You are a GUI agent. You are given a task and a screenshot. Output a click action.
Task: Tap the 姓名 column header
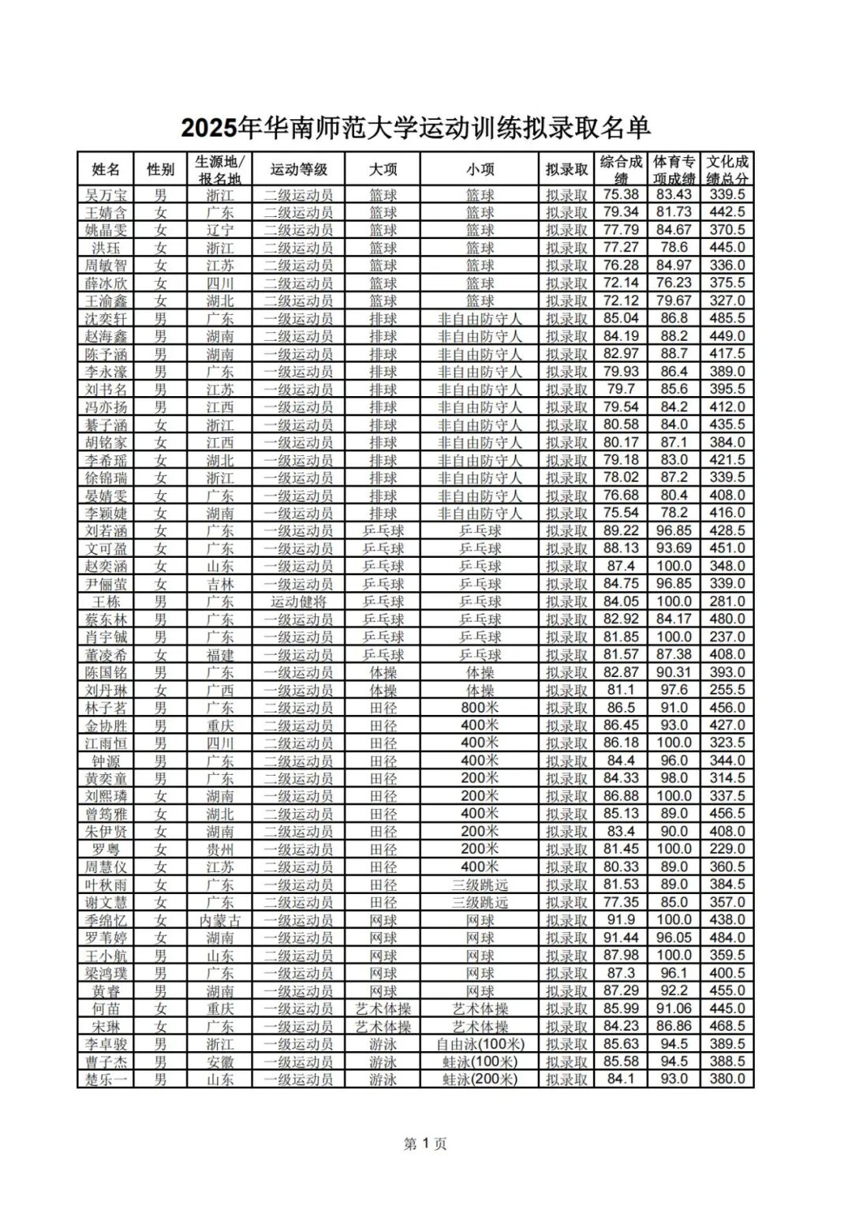[x=106, y=169]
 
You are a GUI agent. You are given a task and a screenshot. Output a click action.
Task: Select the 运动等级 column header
[x=298, y=169]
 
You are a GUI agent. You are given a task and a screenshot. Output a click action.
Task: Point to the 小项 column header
[x=480, y=169]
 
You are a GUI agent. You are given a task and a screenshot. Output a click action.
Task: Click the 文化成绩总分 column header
[x=727, y=169]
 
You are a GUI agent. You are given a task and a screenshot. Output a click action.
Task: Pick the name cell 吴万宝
[x=106, y=195]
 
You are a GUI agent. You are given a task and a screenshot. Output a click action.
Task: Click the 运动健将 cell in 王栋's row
[x=298, y=601]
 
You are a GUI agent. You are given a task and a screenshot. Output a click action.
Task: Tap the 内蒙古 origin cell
[x=220, y=920]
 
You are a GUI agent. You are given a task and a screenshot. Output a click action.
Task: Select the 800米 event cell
[x=480, y=708]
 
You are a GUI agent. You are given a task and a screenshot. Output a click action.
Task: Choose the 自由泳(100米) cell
[x=480, y=1044]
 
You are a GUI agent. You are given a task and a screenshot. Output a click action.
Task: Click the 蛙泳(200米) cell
[x=480, y=1080]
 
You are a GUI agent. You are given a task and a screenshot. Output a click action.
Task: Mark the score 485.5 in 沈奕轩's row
[x=727, y=319]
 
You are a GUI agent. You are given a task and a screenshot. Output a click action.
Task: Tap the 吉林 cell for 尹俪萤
[x=220, y=584]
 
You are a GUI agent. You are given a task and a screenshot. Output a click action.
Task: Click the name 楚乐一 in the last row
[x=106, y=1080]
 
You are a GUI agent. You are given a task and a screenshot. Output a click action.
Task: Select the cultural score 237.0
[x=727, y=637]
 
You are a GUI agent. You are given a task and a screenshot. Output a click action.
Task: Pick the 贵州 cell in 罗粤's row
[x=220, y=849]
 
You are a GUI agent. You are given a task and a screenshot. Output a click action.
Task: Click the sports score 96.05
[x=674, y=937]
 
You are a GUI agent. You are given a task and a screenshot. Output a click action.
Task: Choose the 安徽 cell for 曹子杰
[x=220, y=1062]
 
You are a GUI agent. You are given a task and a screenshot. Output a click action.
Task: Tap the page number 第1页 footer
[x=425, y=1143]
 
